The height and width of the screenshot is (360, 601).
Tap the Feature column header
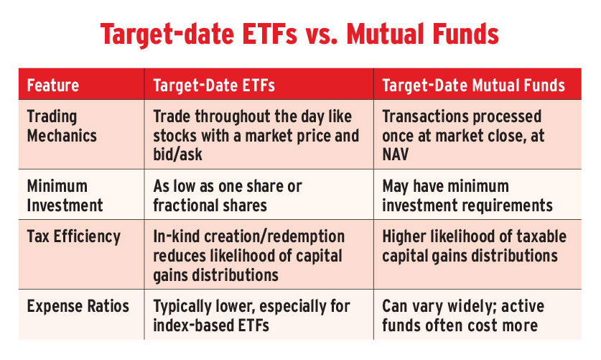click(53, 85)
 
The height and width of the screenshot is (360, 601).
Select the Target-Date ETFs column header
click(214, 85)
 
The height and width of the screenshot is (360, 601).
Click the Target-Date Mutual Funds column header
click(473, 85)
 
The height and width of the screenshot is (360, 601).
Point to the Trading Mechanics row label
click(62, 126)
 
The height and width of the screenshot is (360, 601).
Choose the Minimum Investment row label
click(65, 196)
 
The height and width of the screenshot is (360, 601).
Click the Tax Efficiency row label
click(73, 236)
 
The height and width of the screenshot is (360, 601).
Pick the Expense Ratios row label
click(78, 306)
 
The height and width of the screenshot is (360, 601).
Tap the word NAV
click(395, 154)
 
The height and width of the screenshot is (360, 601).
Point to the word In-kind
click(177, 236)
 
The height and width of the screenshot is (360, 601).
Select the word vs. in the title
click(322, 35)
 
